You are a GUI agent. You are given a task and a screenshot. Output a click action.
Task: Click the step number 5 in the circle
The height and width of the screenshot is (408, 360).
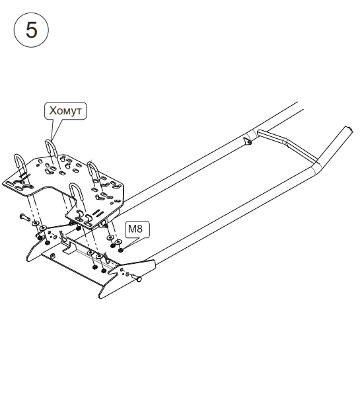[x=32, y=30]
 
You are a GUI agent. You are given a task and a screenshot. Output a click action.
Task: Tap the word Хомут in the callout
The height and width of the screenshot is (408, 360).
[x=65, y=110]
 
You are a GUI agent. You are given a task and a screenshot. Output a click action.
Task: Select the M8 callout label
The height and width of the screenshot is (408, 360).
[x=135, y=229]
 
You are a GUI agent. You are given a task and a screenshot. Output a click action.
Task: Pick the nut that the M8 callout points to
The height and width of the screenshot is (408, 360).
[x=121, y=250]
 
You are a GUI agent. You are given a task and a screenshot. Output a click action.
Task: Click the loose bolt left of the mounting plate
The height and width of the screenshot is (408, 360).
[x=24, y=217]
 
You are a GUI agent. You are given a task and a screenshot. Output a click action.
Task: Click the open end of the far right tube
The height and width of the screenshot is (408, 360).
[x=349, y=130]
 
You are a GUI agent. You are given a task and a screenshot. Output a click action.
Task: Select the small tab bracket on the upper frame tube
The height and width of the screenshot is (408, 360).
[x=248, y=142]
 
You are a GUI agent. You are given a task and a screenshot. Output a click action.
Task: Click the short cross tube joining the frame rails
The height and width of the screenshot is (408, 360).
[x=286, y=144]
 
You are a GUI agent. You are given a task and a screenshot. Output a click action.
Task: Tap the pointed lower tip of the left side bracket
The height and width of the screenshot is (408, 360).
[x=28, y=259]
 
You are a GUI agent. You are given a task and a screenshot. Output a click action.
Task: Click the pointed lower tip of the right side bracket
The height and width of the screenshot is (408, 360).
[x=100, y=297]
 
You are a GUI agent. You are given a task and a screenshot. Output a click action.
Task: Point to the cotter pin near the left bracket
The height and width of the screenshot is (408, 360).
[x=63, y=236]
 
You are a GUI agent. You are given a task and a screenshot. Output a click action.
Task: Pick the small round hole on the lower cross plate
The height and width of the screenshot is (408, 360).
[x=53, y=255]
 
